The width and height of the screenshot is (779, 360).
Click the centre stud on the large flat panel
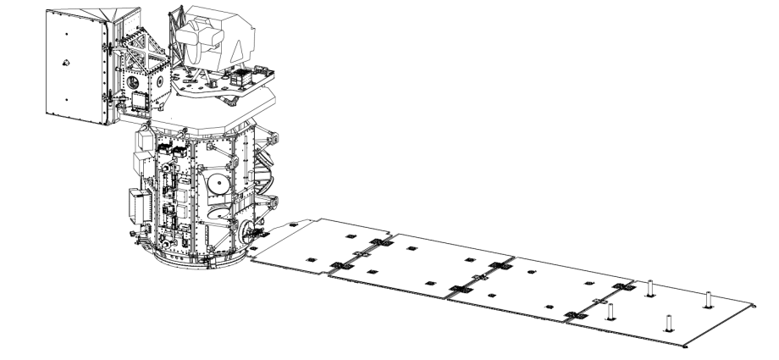(x=65, y=62)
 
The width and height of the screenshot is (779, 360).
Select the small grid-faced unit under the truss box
(x=138, y=101)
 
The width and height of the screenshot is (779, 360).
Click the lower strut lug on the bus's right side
(x=273, y=203)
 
